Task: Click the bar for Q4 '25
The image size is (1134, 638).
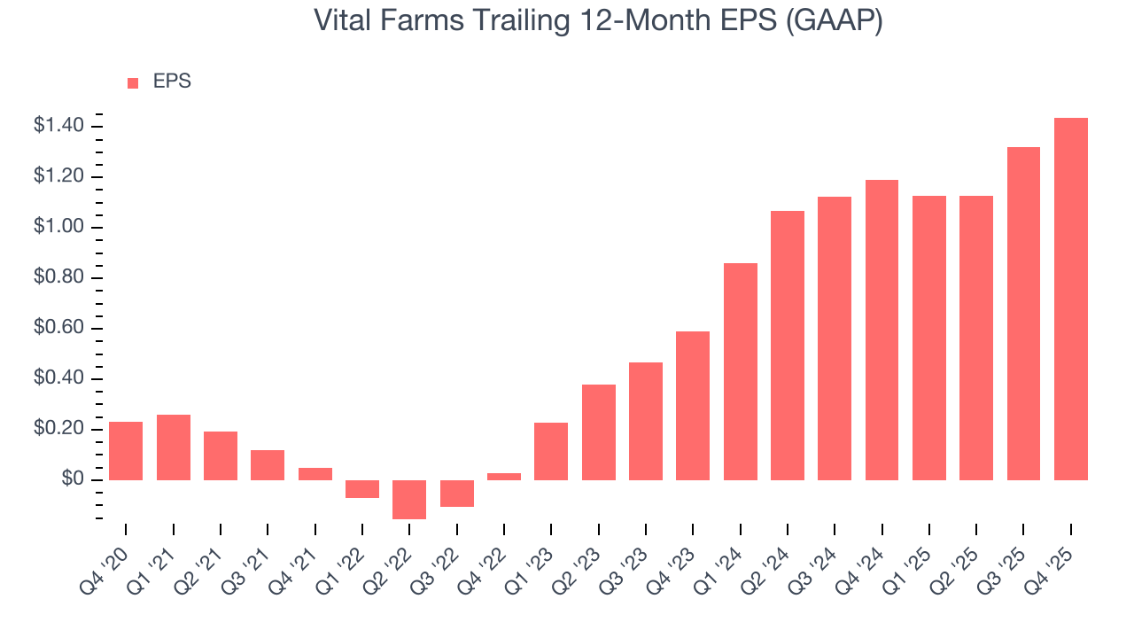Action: coord(1070,299)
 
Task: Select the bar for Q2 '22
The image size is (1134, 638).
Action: coord(409,499)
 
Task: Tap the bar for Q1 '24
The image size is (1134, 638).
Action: coord(740,371)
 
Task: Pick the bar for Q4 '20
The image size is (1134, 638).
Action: coord(126,450)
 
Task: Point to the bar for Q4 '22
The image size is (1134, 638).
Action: coord(504,477)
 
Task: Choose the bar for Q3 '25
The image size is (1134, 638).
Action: coord(1023,313)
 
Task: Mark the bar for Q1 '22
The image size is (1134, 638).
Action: coord(362,489)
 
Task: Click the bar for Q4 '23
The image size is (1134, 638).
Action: coord(693,405)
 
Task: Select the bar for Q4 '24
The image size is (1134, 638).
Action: coord(882,330)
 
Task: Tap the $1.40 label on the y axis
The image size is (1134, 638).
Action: coord(58,126)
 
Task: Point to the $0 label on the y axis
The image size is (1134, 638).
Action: coord(72,479)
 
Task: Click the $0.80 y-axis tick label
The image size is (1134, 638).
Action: coord(58,277)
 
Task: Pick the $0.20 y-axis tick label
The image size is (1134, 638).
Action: coord(58,429)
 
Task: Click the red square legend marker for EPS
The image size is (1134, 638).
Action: coord(133,82)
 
